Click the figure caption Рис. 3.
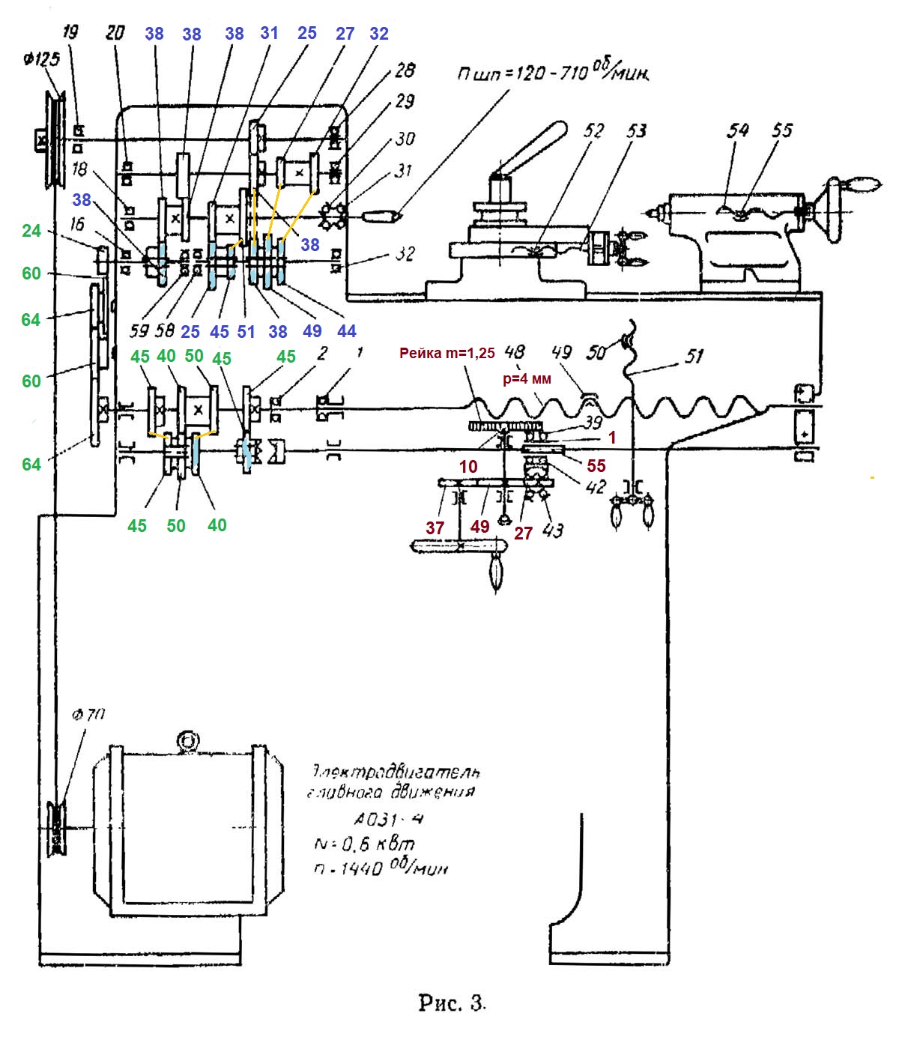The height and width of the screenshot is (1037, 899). pos(452,1003)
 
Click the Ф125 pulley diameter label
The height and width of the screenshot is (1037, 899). pos(41,59)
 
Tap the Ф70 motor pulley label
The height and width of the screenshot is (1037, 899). pos(88,715)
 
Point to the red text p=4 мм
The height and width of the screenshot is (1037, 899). pos(526,379)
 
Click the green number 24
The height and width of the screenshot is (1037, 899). pos(31,231)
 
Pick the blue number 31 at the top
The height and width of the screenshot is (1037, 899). pos(269,33)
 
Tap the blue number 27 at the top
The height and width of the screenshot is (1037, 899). pos(345,34)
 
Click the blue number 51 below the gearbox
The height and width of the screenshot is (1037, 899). pos(246,331)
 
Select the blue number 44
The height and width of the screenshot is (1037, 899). pos(347,331)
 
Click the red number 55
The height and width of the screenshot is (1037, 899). pos(596,466)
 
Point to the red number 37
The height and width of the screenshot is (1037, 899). pos(435,527)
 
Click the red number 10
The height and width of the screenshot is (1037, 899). pos(468,467)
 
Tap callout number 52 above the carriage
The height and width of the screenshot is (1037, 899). pos(593,131)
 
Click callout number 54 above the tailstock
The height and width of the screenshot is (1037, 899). pos(738,130)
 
